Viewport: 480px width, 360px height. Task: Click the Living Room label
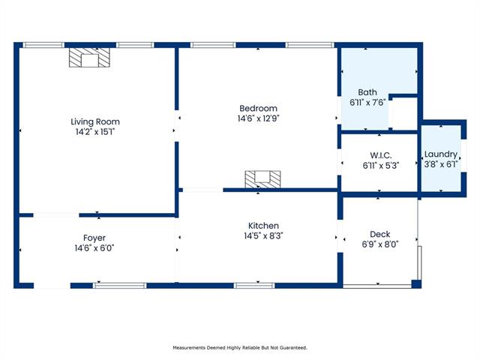95,121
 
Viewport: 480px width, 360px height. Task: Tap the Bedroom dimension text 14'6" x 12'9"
258,118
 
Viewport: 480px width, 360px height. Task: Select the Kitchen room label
263,226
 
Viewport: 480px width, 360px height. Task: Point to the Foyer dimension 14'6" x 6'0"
94,247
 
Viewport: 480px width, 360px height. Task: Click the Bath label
367,92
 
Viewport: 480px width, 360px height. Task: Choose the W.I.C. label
380,155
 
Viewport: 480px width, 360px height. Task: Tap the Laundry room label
441,154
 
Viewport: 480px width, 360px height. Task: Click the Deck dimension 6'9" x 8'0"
380,244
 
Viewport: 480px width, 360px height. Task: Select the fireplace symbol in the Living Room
89,57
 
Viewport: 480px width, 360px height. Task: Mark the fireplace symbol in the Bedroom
262,179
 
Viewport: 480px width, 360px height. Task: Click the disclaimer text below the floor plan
240,348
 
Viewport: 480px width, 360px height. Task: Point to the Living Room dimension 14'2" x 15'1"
95,132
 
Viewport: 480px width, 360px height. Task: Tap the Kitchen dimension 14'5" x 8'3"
263,235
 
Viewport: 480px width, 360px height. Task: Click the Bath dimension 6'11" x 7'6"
367,102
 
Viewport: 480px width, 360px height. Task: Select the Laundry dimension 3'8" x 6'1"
441,164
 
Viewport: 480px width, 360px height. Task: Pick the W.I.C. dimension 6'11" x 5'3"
380,166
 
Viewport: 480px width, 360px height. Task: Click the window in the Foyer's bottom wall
120,286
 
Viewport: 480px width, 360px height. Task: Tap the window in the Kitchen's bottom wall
254,286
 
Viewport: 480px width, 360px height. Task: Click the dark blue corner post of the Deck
416,283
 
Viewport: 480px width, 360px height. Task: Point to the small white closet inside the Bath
405,113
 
